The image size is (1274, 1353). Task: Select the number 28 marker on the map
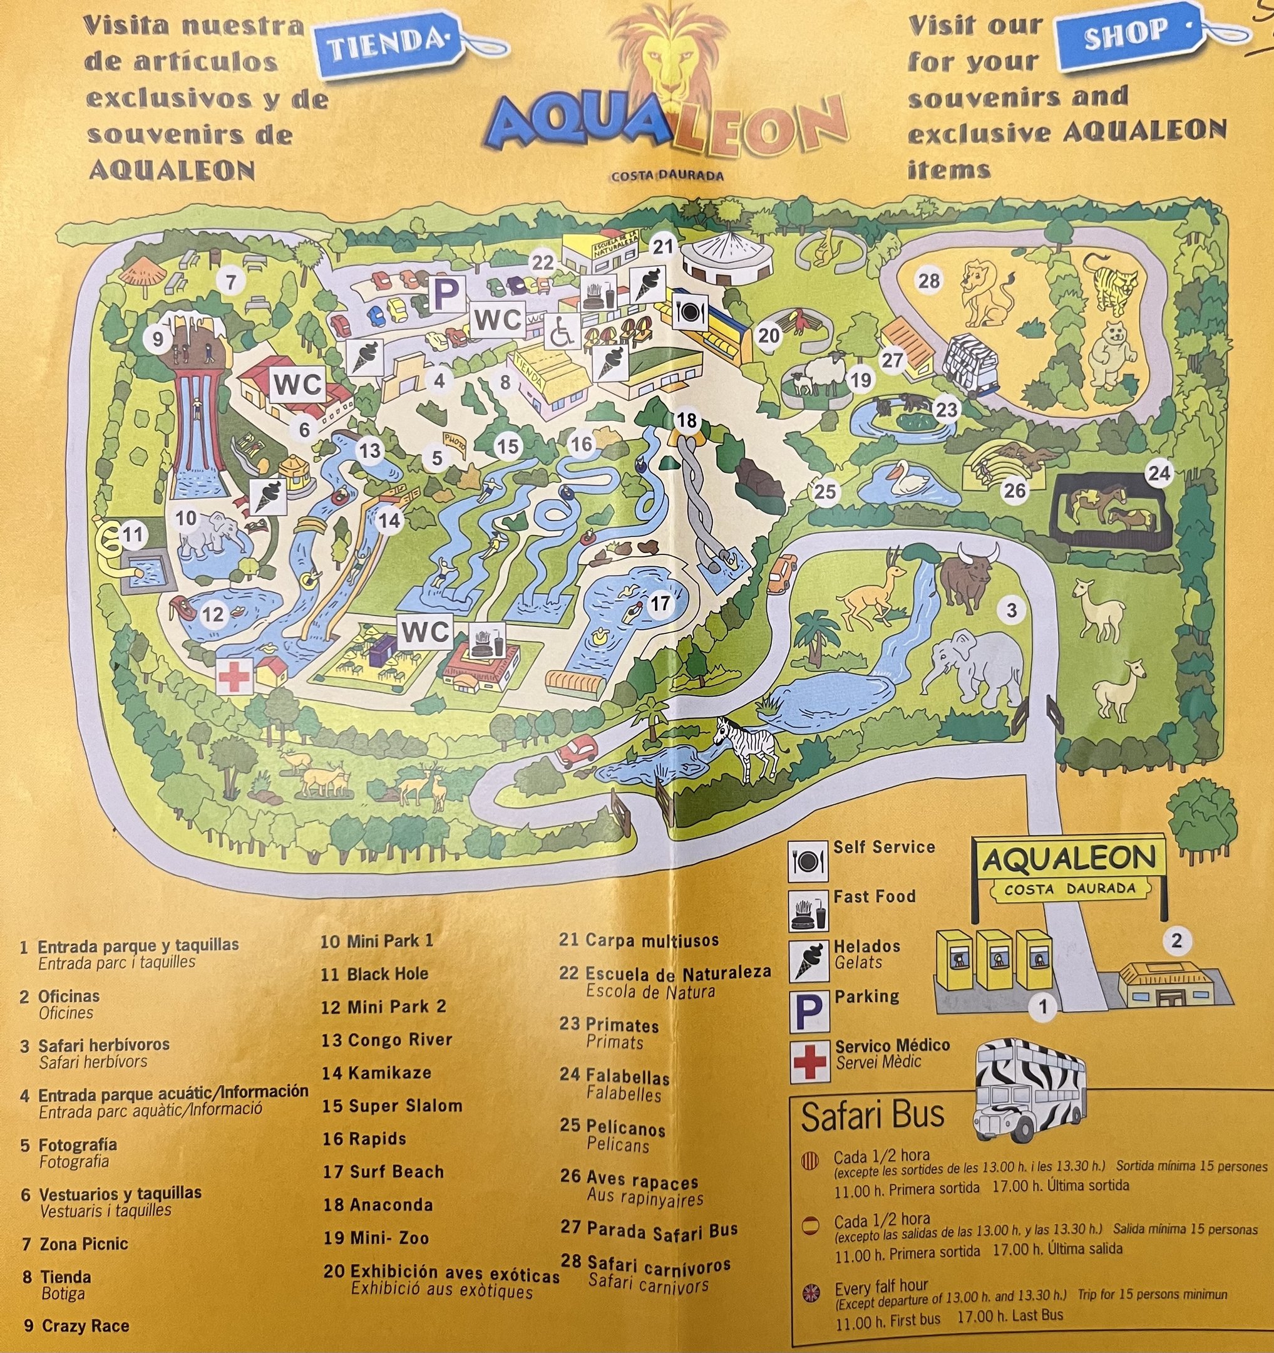[x=928, y=280]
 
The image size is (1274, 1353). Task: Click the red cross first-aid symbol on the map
[x=234, y=676]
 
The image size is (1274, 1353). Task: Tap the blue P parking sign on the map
[x=446, y=293]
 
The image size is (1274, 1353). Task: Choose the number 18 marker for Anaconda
[x=686, y=420]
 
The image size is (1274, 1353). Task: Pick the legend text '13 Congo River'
[x=386, y=1040]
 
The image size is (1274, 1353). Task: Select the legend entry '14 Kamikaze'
[x=376, y=1073]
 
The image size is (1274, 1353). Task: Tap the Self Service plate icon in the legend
[x=808, y=861]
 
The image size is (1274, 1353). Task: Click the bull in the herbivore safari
[x=968, y=576]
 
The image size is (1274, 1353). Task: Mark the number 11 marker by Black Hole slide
[x=133, y=534]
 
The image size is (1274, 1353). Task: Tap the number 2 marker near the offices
[x=1176, y=941]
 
